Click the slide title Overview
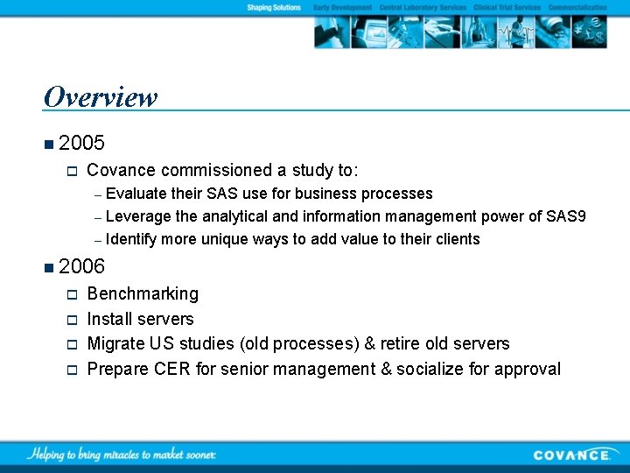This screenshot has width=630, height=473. [x=100, y=96]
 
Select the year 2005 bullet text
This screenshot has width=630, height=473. [x=82, y=142]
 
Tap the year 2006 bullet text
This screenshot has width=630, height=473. [x=82, y=266]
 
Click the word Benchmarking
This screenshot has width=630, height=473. [x=143, y=294]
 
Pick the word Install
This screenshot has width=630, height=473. [x=110, y=319]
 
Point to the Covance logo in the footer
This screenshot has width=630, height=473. [x=572, y=455]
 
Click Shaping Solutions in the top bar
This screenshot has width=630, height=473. [x=273, y=8]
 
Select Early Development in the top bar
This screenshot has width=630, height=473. [x=343, y=8]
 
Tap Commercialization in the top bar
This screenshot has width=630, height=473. [x=577, y=8]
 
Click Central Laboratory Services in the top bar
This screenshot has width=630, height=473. [x=423, y=8]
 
